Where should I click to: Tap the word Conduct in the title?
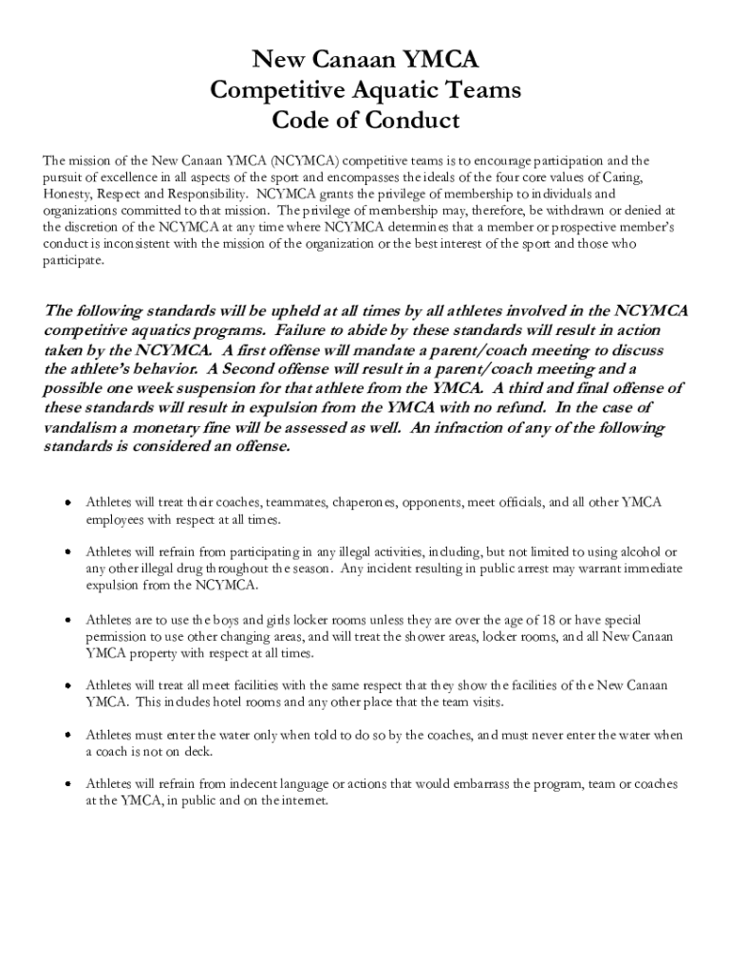(409, 121)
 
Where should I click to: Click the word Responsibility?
(203, 194)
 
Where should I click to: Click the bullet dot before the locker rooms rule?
(67, 620)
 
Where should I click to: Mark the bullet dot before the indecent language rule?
(67, 785)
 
